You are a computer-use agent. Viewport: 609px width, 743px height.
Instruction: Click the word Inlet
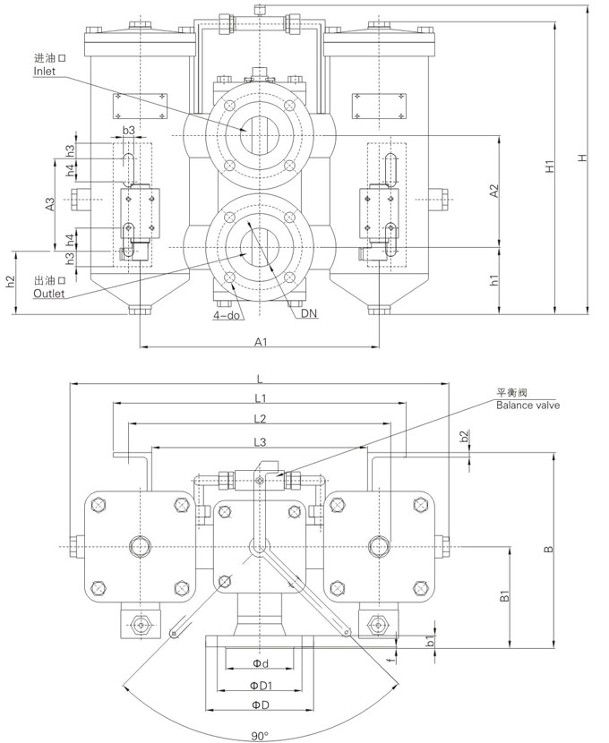coord(44,72)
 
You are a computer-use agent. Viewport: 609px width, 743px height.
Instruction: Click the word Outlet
coord(48,294)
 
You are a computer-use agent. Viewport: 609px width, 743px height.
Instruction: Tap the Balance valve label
coord(528,406)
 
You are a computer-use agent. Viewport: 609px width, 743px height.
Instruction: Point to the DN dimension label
coord(310,313)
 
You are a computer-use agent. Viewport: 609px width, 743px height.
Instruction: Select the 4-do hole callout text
coord(226,314)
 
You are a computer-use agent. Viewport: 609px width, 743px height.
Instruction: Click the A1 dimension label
coord(262,341)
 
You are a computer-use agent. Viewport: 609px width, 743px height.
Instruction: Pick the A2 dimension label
coord(493,191)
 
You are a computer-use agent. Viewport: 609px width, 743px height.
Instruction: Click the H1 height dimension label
coord(549,167)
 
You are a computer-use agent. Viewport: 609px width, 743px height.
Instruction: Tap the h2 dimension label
coord(11,281)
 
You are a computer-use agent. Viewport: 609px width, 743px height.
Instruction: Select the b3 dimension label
coord(128,130)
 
